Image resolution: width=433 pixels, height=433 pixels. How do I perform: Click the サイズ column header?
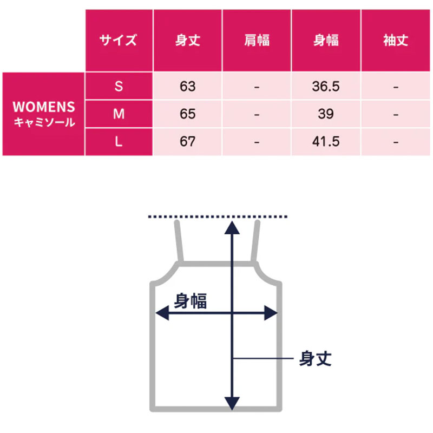click(119, 40)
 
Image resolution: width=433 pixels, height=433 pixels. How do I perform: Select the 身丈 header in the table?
click(188, 40)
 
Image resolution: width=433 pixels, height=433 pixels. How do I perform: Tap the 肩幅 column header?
click(257, 40)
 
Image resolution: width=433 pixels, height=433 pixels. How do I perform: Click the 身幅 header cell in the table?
click(326, 40)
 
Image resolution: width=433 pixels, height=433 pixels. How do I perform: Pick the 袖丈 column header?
click(396, 40)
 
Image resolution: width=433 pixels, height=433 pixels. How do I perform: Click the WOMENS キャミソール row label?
click(44, 114)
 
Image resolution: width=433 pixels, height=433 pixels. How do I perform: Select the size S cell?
click(119, 86)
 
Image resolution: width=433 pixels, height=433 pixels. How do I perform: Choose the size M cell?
click(119, 114)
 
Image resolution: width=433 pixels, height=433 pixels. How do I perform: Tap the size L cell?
click(119, 142)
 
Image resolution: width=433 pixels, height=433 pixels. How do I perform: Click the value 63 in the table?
click(188, 86)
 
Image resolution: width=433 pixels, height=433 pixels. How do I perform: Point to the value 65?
click(188, 114)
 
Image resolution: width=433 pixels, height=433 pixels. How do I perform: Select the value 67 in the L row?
click(188, 141)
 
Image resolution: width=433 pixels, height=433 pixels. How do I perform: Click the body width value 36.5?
click(326, 86)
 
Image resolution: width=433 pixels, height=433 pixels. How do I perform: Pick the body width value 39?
click(326, 114)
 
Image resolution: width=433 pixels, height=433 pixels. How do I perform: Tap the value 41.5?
click(326, 141)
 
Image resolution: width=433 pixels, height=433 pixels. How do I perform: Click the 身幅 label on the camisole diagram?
click(191, 301)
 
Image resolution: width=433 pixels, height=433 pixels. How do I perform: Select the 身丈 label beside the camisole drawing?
click(316, 358)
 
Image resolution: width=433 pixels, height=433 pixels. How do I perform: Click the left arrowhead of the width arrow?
click(162, 313)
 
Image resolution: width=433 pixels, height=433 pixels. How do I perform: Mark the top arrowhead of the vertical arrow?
click(232, 228)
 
